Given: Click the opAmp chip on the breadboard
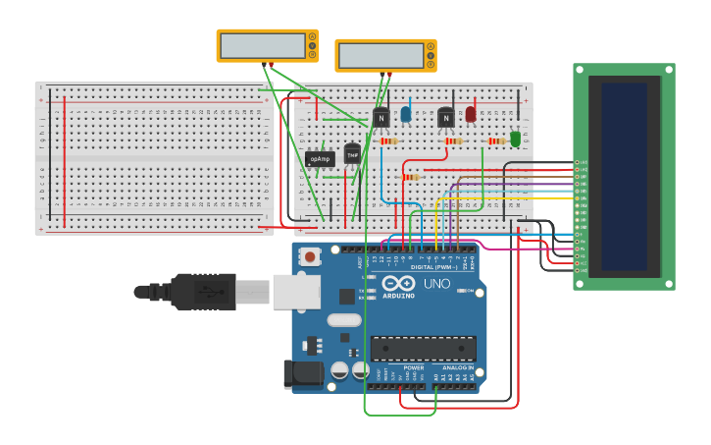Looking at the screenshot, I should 320,158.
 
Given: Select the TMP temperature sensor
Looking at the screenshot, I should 352,154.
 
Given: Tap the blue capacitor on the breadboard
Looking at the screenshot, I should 406,115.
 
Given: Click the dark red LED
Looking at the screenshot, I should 471,114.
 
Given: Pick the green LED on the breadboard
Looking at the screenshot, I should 516,139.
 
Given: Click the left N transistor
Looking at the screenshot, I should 381,118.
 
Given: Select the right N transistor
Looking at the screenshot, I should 446,119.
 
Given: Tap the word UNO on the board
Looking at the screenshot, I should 436,284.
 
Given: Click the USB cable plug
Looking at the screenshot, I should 206,291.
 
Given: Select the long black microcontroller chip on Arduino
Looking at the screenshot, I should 423,348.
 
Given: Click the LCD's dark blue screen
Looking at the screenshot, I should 625,177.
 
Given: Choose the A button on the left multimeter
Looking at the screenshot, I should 312,36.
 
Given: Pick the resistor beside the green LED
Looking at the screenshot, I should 495,141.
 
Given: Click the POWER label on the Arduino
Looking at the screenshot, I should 413,367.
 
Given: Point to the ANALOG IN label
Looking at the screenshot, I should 457,367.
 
